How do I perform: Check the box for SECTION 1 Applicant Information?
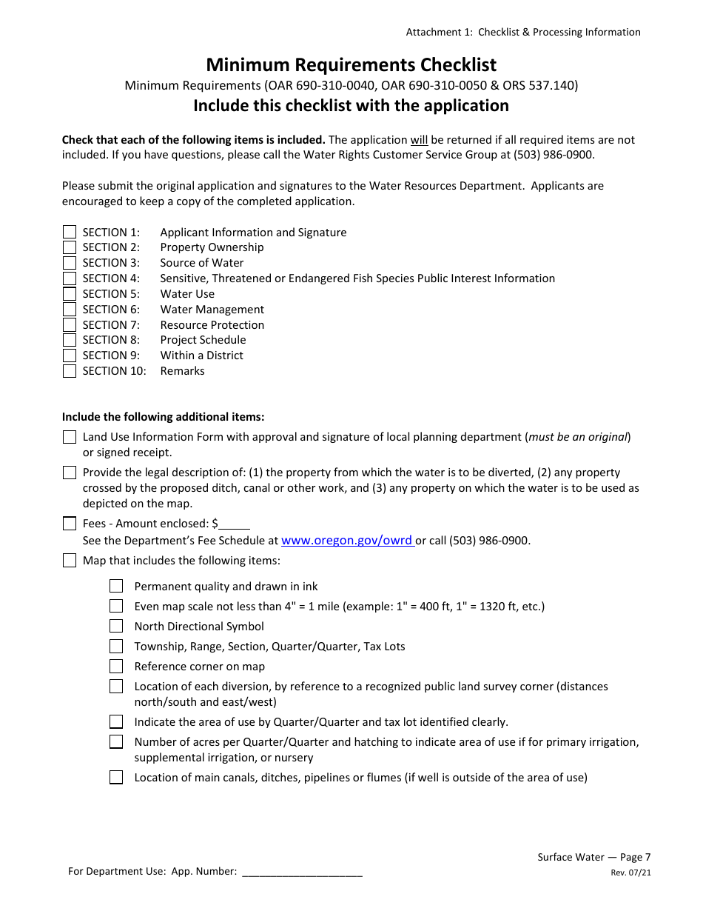(70, 232)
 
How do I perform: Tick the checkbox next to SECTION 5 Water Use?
(70, 294)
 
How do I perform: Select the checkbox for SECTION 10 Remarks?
(70, 371)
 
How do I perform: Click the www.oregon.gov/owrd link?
(347, 541)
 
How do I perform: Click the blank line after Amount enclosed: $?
(235, 524)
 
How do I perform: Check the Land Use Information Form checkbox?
(70, 437)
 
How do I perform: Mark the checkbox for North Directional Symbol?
(116, 627)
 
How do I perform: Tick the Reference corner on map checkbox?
(116, 667)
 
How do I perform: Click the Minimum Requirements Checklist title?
(351, 64)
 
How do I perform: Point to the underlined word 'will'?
(420, 140)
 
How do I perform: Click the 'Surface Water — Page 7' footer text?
(593, 857)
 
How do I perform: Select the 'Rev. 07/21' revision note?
(630, 872)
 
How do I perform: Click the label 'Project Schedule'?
(203, 340)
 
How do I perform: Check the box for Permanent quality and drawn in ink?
(116, 587)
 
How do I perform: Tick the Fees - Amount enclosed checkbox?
(70, 524)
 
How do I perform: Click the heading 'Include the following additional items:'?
(163, 417)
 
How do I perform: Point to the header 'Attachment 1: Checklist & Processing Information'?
(522, 32)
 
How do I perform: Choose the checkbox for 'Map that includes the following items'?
(70, 561)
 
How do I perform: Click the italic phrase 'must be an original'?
(578, 437)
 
